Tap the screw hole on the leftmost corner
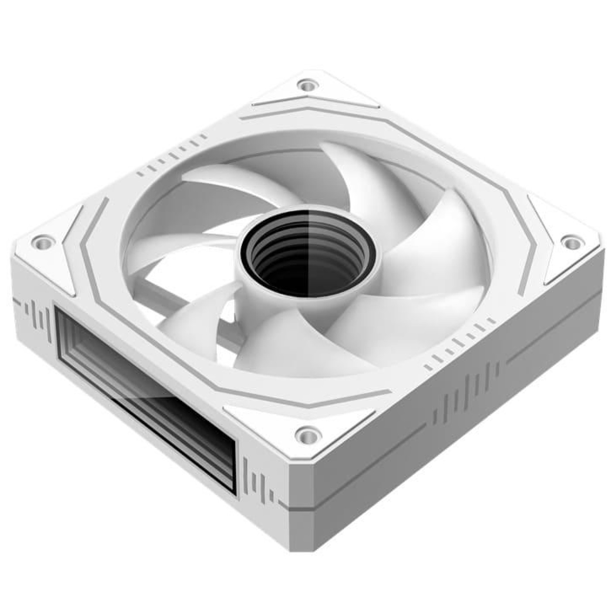pyautogui.click(x=42, y=240)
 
